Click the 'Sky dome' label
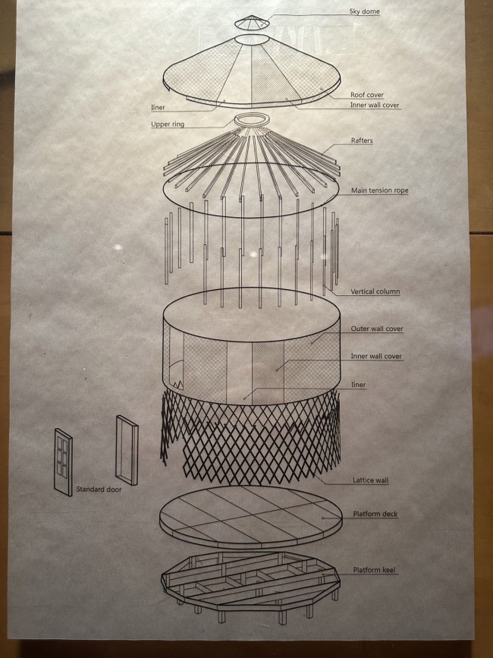pos(364,11)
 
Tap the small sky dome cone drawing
pos(252,23)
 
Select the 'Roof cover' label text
pos(367,95)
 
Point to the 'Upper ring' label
pos(168,124)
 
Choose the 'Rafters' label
pos(362,140)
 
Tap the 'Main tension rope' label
pos(379,190)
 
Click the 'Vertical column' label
pos(375,291)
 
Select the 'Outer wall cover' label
pos(377,329)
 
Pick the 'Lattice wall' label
pos(371,480)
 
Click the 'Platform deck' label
pos(375,514)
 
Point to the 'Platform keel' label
pos(375,570)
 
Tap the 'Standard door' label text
pos(99,490)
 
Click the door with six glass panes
pos(63,462)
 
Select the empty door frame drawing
pos(127,450)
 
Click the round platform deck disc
pos(251,517)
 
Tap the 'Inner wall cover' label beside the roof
pos(375,105)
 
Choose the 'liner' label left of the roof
pos(158,108)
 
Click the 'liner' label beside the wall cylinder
pos(359,385)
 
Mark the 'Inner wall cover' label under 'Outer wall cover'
pos(376,357)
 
